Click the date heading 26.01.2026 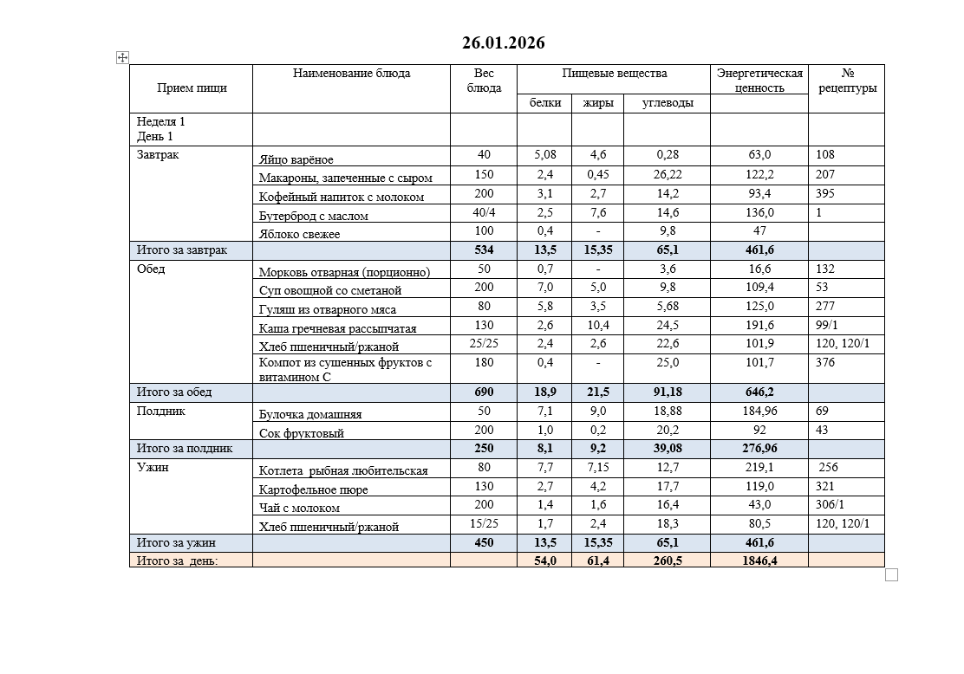(x=504, y=43)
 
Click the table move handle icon (x=122, y=57)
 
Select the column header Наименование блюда (x=351, y=74)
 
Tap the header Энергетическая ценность (x=759, y=81)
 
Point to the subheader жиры (x=598, y=103)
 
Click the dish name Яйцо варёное (x=296, y=159)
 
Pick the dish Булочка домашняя (x=310, y=415)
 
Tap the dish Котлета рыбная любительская (x=343, y=470)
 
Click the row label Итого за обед (x=173, y=392)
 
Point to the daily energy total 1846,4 (x=759, y=561)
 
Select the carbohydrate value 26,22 (x=668, y=174)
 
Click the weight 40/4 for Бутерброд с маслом (x=484, y=212)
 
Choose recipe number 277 (x=825, y=306)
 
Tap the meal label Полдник (x=161, y=412)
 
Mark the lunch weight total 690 (x=484, y=392)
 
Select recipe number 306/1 (x=830, y=505)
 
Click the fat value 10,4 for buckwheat (x=598, y=325)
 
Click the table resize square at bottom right (x=891, y=574)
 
